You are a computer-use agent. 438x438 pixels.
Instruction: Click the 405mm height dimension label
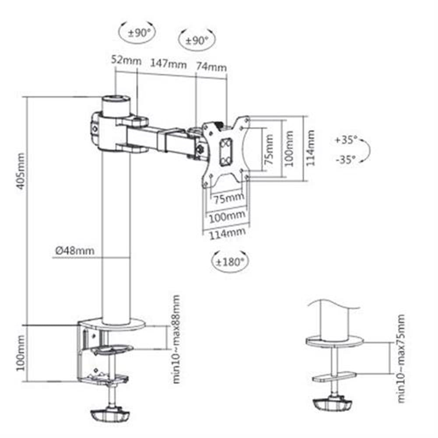21,171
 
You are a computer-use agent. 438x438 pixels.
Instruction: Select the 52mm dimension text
126,60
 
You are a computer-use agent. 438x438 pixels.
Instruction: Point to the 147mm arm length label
169,64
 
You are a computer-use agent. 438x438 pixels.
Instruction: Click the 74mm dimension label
211,67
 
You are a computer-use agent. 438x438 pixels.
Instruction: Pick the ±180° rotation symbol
230,262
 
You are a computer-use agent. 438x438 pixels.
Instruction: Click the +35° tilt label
346,140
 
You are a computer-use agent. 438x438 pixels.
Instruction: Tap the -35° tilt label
346,160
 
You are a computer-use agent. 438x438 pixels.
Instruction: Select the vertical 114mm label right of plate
310,148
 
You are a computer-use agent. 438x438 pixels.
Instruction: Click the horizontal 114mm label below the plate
227,233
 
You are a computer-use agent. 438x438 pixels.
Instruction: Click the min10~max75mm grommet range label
401,358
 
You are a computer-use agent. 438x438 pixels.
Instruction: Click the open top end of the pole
116,99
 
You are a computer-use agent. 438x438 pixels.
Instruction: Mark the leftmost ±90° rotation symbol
137,33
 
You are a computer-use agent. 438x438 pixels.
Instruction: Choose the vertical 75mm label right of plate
269,149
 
